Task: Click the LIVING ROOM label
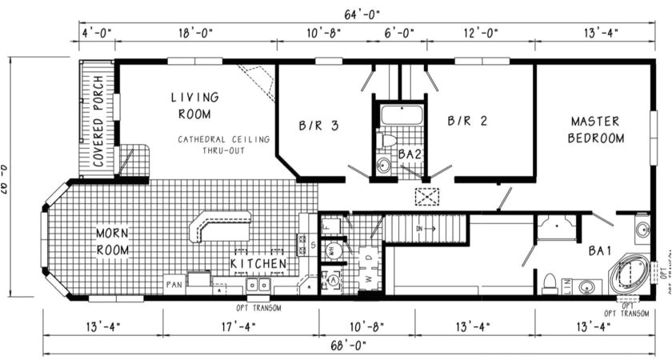(x=194, y=105)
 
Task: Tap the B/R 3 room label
(x=318, y=125)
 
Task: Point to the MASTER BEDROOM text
(x=595, y=130)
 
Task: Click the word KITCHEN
(x=258, y=263)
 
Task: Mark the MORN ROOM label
(x=113, y=241)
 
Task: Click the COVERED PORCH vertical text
(x=98, y=121)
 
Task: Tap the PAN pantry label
(x=174, y=284)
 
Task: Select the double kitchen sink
(x=257, y=285)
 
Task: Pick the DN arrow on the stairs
(x=425, y=228)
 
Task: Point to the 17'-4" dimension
(x=240, y=326)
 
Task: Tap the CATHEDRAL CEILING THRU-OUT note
(x=224, y=145)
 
